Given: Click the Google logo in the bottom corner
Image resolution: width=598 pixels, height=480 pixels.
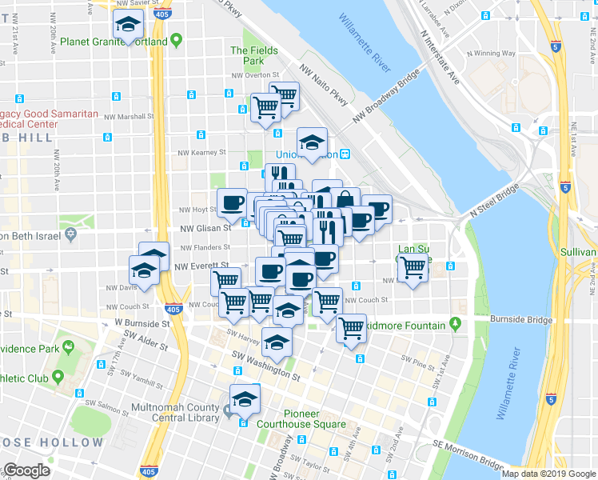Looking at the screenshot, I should coord(26,470).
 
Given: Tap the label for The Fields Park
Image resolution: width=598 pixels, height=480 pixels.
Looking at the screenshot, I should coord(254,55).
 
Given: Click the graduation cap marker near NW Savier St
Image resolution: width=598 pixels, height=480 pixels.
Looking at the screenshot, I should coord(127,26).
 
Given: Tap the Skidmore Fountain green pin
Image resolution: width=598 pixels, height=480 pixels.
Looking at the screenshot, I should coord(456,324).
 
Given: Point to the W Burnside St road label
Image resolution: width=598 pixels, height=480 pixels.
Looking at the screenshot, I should coord(142,324).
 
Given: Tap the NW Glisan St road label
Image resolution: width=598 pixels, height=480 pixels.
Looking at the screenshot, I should coord(209,226).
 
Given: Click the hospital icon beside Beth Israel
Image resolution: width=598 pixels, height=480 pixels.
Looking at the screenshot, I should coord(71,235).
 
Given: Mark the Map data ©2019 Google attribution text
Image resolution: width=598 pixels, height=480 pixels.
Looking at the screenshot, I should coord(548,474).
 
